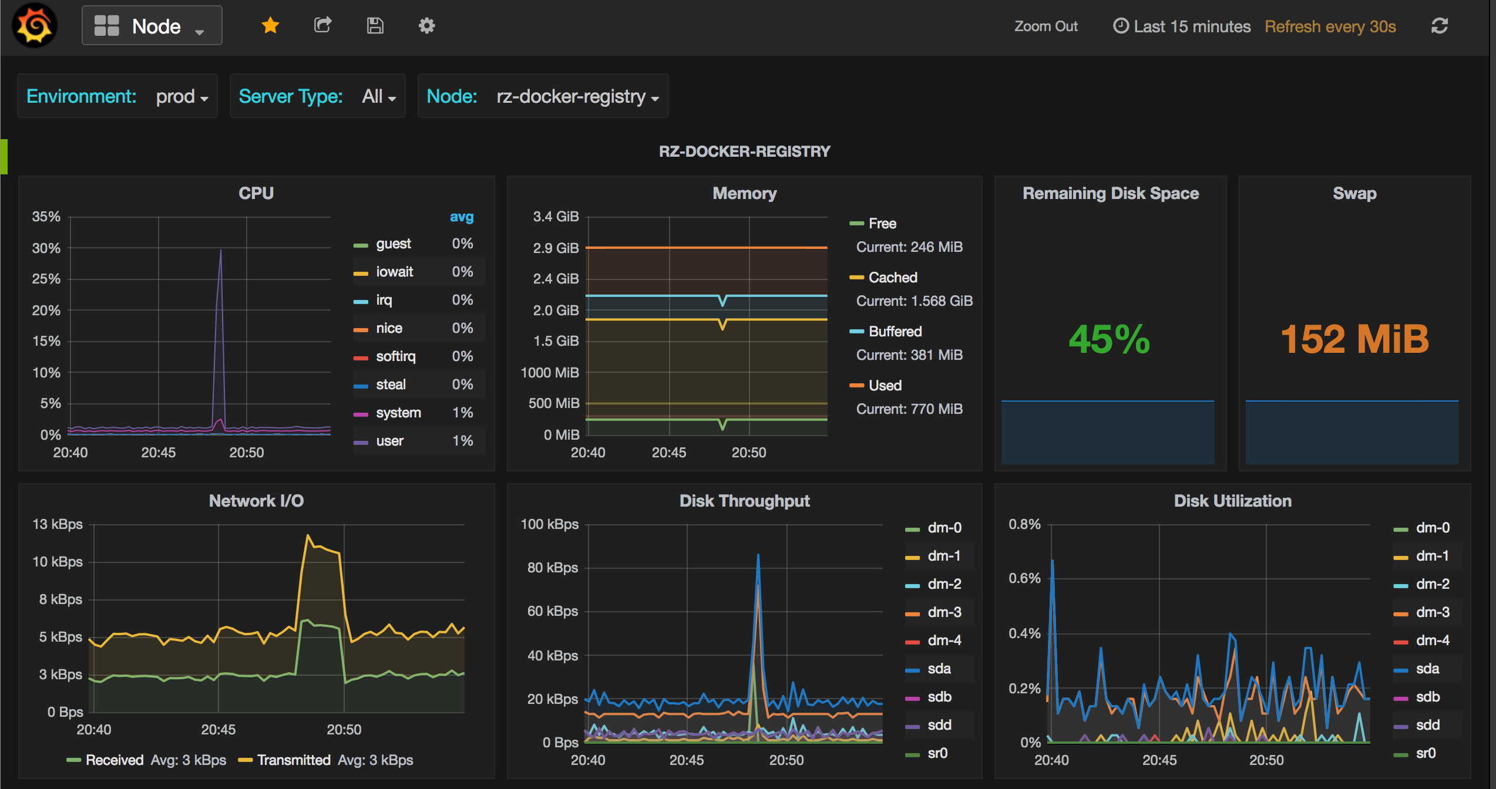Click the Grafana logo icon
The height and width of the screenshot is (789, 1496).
click(35, 26)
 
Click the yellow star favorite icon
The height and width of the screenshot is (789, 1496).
click(270, 25)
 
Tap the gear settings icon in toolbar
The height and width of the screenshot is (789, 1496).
click(426, 26)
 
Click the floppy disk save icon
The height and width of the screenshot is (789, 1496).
click(375, 26)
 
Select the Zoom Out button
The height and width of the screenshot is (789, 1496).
click(1045, 26)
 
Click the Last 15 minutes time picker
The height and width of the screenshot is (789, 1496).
click(1182, 26)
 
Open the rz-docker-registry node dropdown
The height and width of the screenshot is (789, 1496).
click(577, 96)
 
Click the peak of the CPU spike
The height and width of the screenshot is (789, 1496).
click(221, 251)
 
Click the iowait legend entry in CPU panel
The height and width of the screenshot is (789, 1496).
click(394, 272)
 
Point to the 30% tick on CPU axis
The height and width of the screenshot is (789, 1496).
click(46, 248)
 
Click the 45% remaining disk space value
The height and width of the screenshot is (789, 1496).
click(1109, 339)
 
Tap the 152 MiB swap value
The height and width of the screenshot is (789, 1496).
click(1354, 339)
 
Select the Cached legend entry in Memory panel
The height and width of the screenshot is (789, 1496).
click(892, 278)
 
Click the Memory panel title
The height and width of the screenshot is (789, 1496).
click(744, 193)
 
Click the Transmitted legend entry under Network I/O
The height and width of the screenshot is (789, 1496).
click(293, 760)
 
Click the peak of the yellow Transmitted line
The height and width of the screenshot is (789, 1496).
click(308, 535)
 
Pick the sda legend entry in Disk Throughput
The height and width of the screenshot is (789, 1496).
click(939, 669)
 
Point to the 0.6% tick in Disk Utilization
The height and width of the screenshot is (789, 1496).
click(1024, 578)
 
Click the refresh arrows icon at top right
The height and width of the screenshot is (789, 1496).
click(1439, 26)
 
